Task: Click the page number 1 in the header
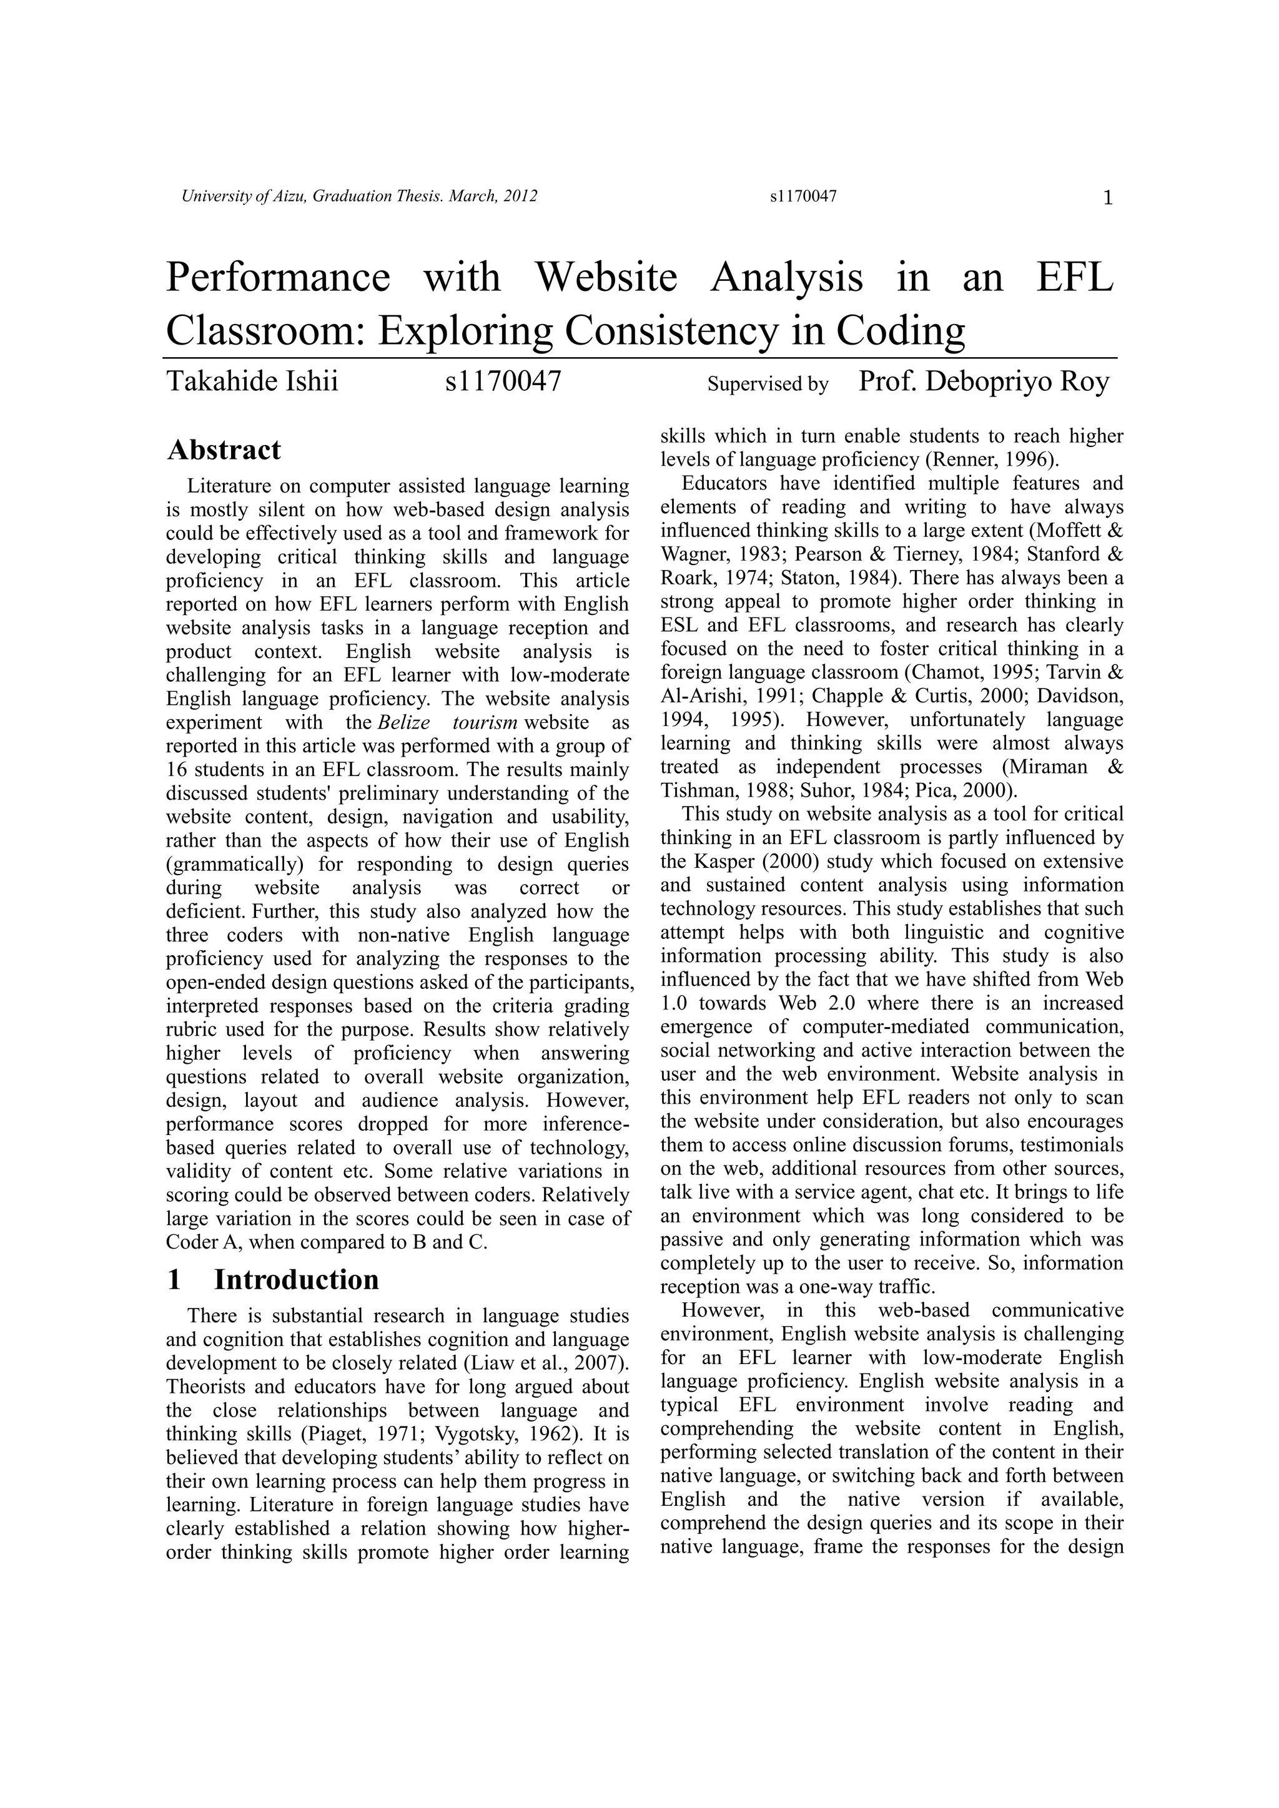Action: pyautogui.click(x=1107, y=199)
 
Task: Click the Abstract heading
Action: pyautogui.click(x=224, y=450)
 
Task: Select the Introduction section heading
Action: pyautogui.click(x=296, y=1280)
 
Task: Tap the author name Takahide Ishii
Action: pyautogui.click(x=252, y=382)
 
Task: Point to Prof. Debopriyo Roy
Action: pyautogui.click(x=983, y=382)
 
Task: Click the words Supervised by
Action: pyautogui.click(x=767, y=385)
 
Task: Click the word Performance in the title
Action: pyautogui.click(x=278, y=277)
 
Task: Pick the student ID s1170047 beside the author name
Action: pyautogui.click(x=503, y=382)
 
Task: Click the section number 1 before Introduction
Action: pyautogui.click(x=174, y=1280)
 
